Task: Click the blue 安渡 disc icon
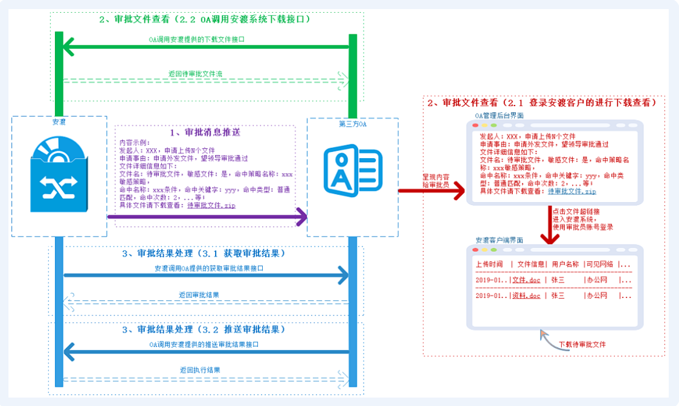click(59, 174)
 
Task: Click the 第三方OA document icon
click(352, 172)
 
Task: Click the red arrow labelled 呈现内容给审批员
click(431, 192)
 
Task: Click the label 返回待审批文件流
click(195, 74)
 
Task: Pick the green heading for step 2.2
click(205, 19)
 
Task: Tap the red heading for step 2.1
click(542, 103)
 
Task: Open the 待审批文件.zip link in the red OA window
click(572, 191)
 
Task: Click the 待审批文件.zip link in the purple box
click(213, 206)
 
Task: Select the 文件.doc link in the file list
click(526, 279)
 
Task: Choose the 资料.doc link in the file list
click(526, 296)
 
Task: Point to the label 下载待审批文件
click(582, 344)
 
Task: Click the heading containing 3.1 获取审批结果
click(204, 253)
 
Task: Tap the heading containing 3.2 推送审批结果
click(204, 330)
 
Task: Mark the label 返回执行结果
click(199, 370)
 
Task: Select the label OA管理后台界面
click(500, 115)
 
